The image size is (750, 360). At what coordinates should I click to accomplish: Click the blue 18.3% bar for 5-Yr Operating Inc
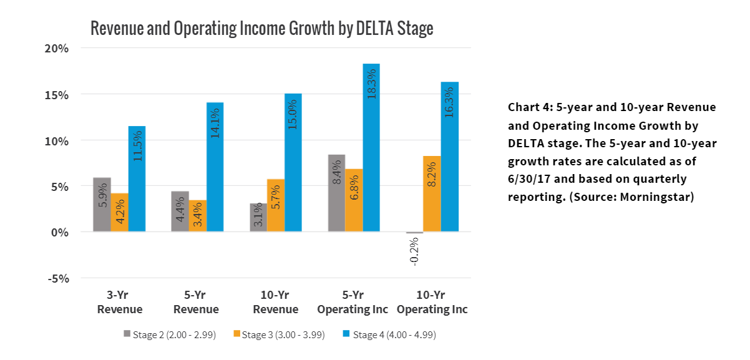[x=371, y=147]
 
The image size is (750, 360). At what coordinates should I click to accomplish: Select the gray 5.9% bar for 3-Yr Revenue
[x=102, y=205]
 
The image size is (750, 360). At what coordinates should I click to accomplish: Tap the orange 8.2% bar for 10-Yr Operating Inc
[x=432, y=194]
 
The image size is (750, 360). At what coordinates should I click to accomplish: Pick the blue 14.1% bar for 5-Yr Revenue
[x=215, y=167]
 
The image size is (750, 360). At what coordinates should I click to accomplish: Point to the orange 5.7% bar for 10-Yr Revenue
[x=275, y=205]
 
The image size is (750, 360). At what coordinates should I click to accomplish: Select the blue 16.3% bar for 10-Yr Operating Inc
[x=449, y=157]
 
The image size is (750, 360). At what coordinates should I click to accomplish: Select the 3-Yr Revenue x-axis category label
[x=120, y=302]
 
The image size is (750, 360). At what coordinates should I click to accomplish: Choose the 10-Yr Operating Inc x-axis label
[x=432, y=302]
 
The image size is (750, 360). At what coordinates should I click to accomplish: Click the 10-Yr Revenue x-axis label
[x=276, y=302]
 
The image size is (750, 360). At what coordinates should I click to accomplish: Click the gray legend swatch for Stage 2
[x=127, y=334]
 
